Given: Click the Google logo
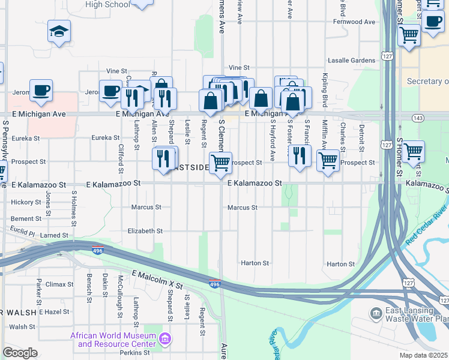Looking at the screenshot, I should [x=20, y=353].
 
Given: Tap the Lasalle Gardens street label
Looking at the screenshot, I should [x=351, y=61].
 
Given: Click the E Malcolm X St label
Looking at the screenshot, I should [x=157, y=282].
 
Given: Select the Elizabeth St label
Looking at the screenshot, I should [x=145, y=231].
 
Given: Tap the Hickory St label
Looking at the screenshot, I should [x=26, y=202].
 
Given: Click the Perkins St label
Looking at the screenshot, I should [x=134, y=352].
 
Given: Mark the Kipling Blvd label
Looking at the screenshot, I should [x=325, y=87].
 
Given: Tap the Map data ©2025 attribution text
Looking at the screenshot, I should [x=423, y=355].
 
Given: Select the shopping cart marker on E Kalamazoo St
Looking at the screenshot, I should [x=221, y=163].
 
